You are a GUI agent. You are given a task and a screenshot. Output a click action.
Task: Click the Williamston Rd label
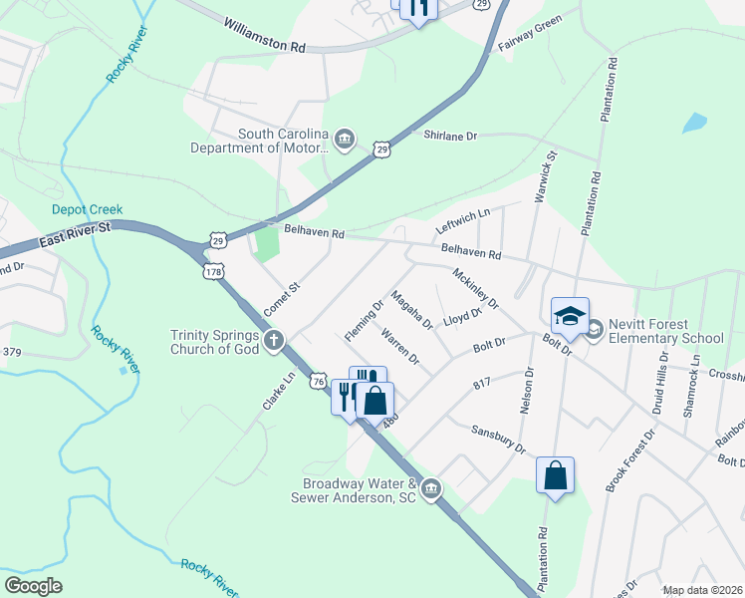265,33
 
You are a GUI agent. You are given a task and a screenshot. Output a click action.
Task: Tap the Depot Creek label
88,209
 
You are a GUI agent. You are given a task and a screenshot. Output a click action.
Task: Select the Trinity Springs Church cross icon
274,341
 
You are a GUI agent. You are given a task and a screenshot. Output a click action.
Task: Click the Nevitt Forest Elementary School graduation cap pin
570,316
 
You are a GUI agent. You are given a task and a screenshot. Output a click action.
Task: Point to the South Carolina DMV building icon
345,138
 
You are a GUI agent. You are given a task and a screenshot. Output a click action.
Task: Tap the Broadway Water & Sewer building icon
430,488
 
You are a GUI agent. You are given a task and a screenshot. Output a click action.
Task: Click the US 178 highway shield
213,271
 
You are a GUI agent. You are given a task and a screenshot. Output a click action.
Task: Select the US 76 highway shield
318,381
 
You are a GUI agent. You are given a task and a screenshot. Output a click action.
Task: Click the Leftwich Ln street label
463,221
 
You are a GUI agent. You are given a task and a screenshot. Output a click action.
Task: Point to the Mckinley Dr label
474,289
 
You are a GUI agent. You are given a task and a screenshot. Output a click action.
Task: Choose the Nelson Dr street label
527,391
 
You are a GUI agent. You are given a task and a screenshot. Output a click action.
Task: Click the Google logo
34,586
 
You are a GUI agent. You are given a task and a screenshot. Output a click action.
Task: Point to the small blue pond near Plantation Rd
694,124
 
